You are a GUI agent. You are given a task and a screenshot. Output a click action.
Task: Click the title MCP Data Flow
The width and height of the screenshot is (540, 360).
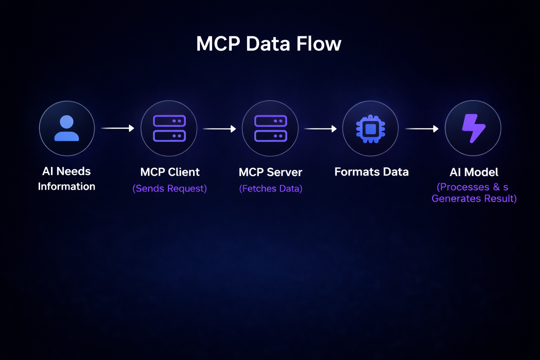[269, 44]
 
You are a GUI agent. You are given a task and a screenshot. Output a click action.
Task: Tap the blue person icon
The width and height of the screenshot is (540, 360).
[66, 128]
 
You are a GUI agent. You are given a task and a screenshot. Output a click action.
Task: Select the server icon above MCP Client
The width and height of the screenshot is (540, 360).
[169, 128]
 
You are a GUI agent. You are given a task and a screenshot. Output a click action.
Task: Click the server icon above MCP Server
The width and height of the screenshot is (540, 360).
[270, 128]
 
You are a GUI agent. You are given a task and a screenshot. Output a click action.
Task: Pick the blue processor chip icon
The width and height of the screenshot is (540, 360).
[371, 129]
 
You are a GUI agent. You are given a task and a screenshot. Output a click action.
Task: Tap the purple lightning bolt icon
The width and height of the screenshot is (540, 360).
[473, 128]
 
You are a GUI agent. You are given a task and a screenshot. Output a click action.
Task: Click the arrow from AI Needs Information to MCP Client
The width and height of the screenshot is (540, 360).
[117, 128]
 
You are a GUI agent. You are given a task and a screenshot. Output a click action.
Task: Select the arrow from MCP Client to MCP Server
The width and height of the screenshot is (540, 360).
[219, 129]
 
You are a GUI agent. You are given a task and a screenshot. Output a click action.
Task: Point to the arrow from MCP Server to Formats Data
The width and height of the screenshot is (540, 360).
[320, 129]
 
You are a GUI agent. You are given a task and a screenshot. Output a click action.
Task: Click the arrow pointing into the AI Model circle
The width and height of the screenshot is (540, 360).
[422, 129]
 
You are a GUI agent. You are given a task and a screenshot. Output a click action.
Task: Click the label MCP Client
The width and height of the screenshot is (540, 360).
[170, 172]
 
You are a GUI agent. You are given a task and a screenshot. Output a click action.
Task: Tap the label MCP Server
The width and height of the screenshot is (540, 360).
[270, 172]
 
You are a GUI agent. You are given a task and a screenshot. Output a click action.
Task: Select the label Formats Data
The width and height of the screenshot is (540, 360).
[371, 172]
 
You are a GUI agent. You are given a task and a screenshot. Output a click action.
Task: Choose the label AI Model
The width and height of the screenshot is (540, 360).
[474, 172]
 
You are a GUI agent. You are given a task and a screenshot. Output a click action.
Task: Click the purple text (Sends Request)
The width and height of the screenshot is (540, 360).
[169, 188]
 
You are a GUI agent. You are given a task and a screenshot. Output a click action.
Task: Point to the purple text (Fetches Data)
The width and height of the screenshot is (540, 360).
[270, 188]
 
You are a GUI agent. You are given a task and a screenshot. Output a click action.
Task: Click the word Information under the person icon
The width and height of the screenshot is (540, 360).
[66, 186]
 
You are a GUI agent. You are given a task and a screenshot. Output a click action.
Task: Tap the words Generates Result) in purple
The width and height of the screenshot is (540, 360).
[474, 199]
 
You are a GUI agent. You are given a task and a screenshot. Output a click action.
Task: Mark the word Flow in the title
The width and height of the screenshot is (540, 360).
[319, 44]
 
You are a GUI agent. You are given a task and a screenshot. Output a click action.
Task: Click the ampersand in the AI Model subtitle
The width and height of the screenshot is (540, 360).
[496, 187]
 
